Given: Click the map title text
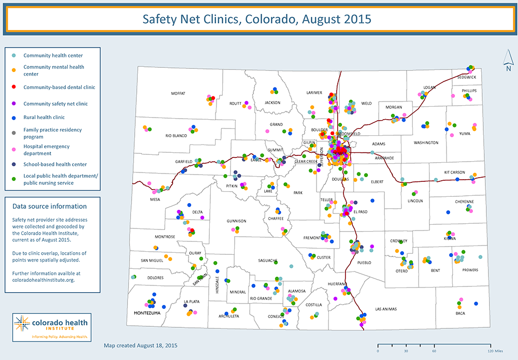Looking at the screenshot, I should click(x=257, y=20).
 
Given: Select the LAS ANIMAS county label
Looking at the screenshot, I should click(x=385, y=309).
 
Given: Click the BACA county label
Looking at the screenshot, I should click(x=460, y=313).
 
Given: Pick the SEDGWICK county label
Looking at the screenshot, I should click(x=467, y=77).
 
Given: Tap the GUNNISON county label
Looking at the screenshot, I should click(x=236, y=221).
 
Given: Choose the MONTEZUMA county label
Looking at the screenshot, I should click(x=147, y=313).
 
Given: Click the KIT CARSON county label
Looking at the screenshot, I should click(x=454, y=172).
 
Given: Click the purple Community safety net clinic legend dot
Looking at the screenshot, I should click(x=14, y=104).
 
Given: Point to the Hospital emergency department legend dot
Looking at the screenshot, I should click(x=14, y=150).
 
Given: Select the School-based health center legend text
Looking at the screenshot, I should click(x=55, y=165).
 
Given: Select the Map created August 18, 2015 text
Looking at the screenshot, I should click(x=140, y=344).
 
